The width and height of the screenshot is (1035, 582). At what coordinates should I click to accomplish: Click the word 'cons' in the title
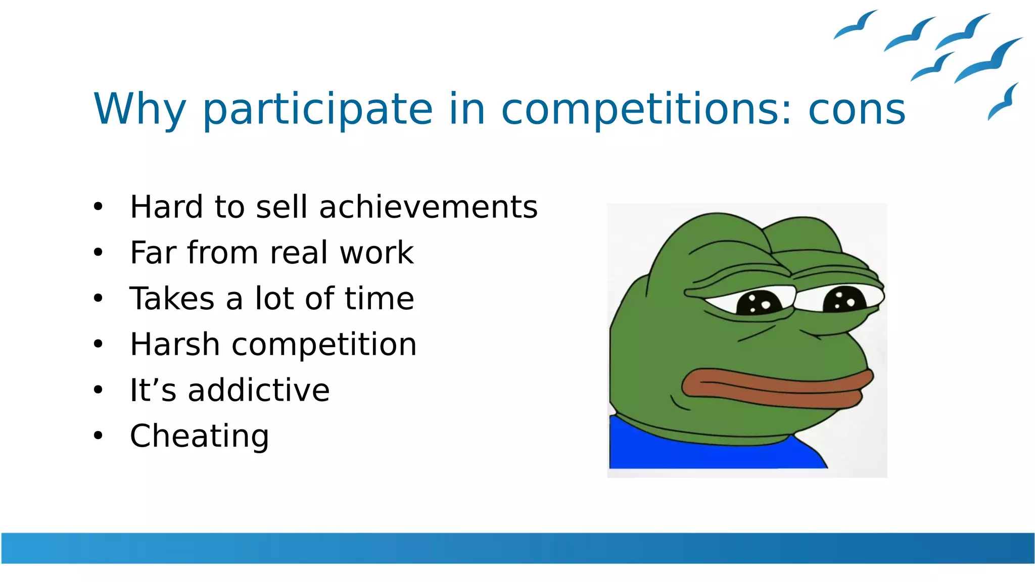[857, 110]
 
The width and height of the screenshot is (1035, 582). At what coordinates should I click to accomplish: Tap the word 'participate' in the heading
[317, 110]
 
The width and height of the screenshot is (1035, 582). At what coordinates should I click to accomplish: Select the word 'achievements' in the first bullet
[428, 207]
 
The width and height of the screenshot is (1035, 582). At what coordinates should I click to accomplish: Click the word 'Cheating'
[199, 436]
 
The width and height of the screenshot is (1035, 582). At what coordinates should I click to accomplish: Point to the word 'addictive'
[259, 390]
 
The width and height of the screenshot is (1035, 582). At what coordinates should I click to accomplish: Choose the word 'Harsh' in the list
[174, 345]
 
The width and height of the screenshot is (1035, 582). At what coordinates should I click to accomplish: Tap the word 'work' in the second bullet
[377, 253]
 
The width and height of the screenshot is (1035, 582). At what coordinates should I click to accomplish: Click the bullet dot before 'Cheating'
[98, 435]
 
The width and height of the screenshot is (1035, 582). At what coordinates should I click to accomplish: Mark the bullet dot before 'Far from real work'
[98, 252]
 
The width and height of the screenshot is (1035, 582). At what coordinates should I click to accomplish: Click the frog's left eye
[758, 303]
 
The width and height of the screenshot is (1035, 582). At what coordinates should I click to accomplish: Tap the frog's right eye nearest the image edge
[844, 300]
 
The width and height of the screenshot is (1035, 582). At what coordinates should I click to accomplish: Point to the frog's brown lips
[773, 389]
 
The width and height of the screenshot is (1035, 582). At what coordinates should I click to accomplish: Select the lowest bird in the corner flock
[1003, 103]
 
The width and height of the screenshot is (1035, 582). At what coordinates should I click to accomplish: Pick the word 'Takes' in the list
[172, 299]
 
